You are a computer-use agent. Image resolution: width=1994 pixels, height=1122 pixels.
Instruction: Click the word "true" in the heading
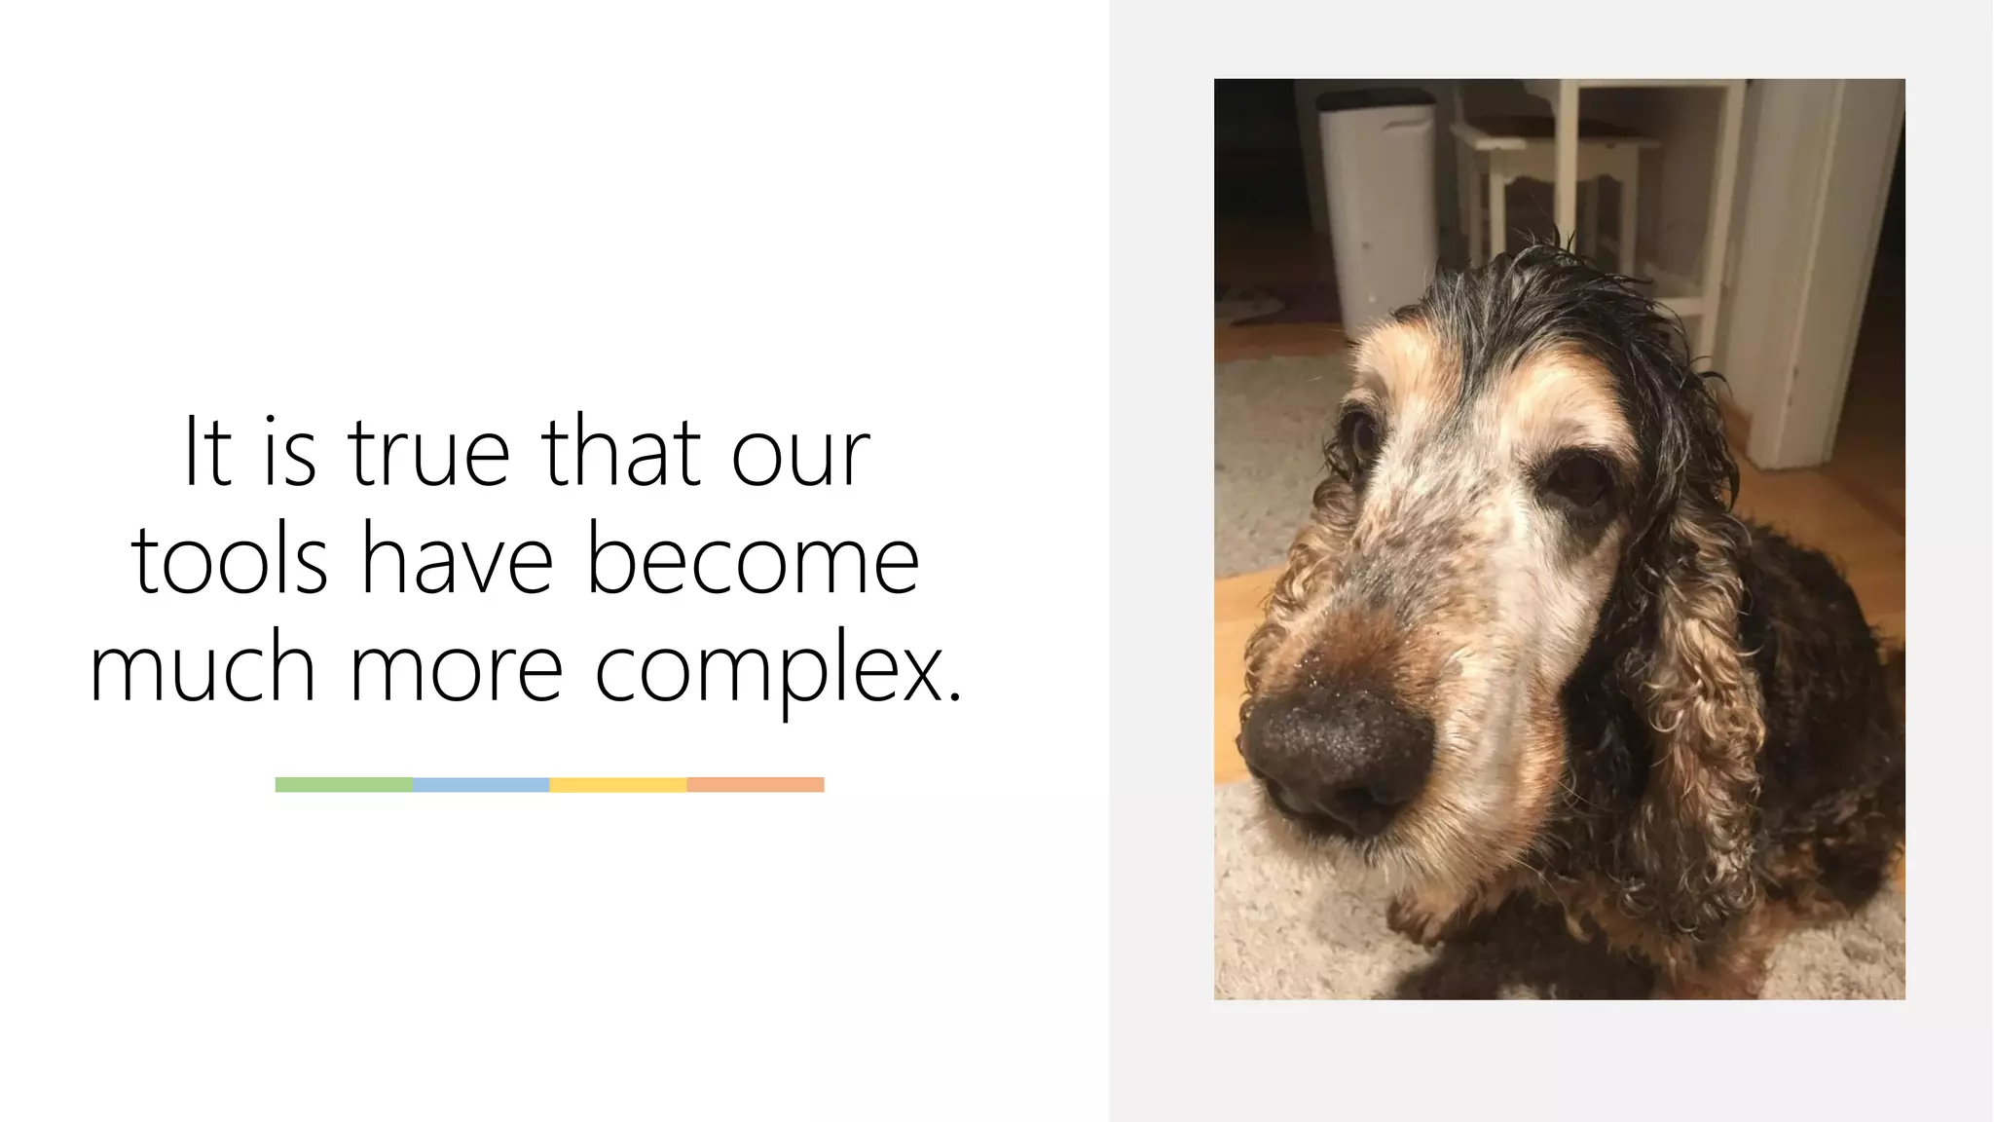point(428,452)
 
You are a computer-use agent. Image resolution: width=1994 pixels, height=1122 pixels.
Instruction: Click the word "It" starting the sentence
point(207,452)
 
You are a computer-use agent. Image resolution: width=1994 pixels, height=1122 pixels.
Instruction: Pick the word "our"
point(800,454)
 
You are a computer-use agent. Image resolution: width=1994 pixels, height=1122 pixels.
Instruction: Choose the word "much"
point(203,668)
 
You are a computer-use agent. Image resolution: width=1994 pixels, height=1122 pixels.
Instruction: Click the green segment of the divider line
point(344,785)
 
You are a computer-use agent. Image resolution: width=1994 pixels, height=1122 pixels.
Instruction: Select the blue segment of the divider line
point(481,785)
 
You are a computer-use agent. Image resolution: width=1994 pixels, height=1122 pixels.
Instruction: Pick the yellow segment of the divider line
point(618,785)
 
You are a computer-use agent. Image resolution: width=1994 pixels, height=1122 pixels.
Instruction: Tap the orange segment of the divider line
point(756,785)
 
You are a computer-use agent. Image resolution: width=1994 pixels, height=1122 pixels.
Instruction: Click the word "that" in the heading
point(621,452)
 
